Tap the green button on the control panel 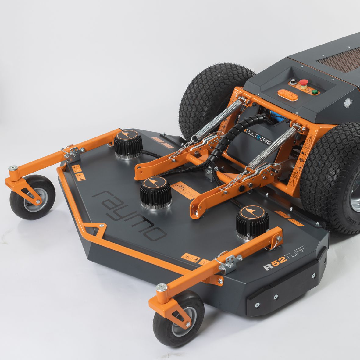(314, 91)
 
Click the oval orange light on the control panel (286, 94)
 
